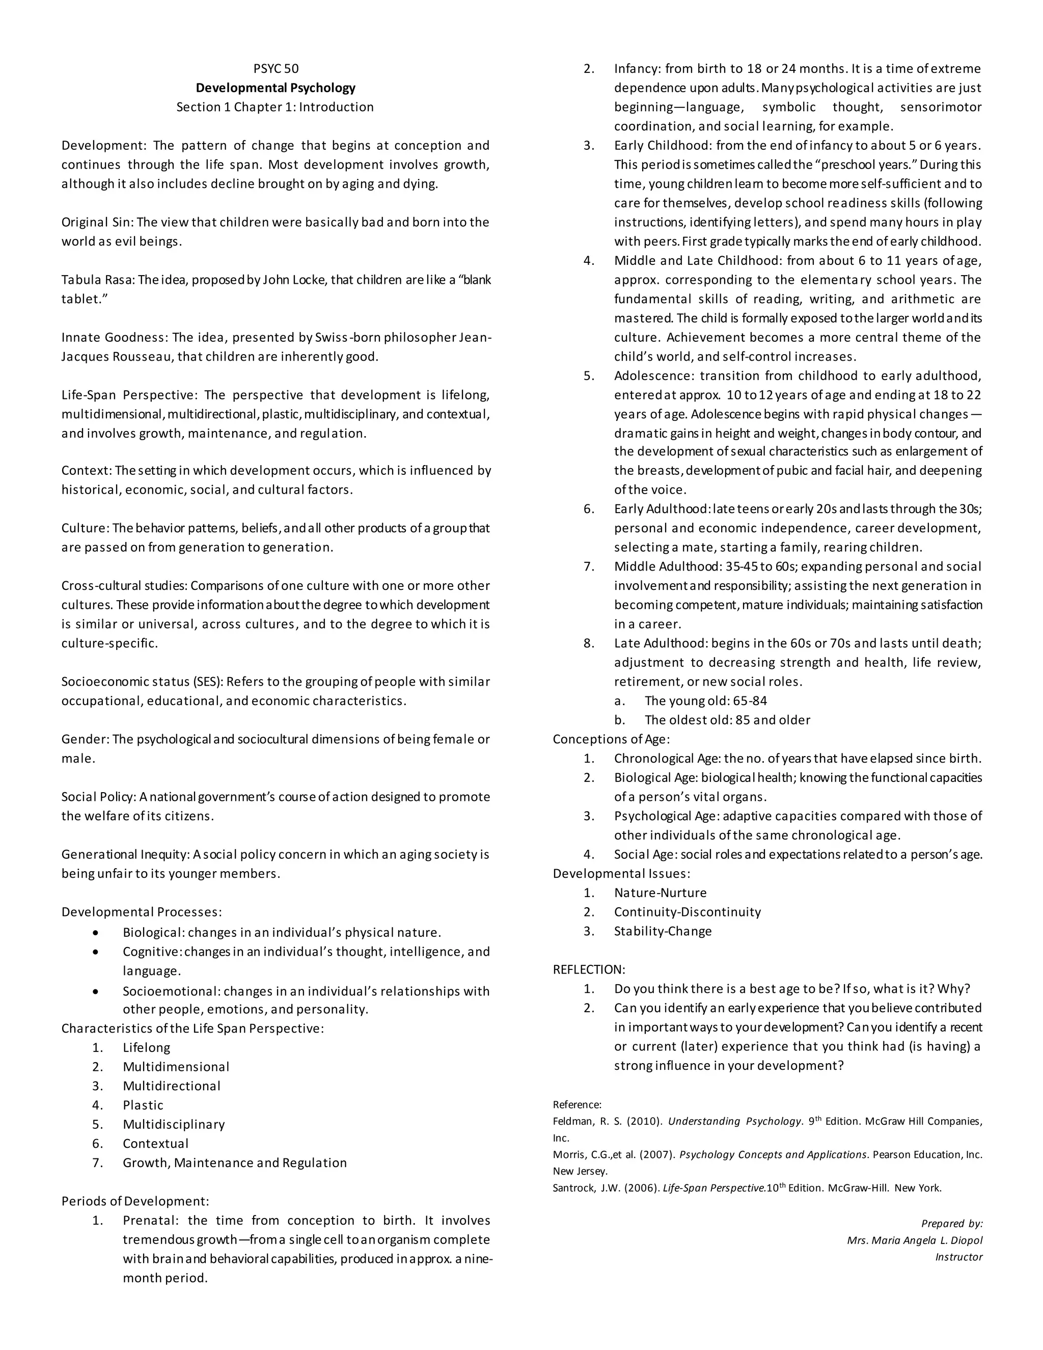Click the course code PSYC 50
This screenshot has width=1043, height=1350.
(276, 69)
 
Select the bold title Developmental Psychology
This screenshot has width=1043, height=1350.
(276, 88)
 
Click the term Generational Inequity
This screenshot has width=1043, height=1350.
(125, 854)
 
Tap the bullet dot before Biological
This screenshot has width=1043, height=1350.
(95, 933)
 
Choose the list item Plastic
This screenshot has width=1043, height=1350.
(143, 1105)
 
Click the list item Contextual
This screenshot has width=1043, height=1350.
(156, 1144)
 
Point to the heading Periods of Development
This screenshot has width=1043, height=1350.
(134, 1201)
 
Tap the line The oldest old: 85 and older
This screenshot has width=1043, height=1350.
(727, 720)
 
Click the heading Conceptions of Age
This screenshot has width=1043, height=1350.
(611, 739)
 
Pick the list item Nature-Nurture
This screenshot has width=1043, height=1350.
(660, 893)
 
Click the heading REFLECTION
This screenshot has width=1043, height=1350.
(589, 969)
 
